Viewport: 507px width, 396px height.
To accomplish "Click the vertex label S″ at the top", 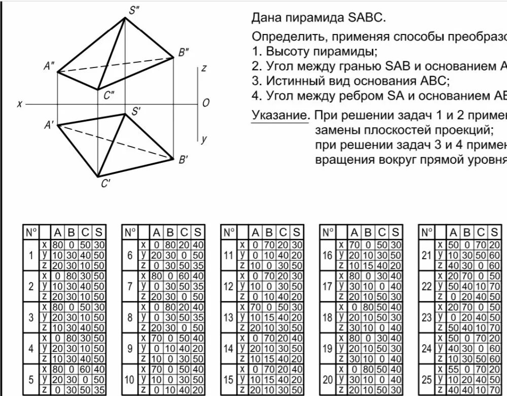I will pos(134,9).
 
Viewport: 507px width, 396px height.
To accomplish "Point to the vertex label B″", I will pos(183,51).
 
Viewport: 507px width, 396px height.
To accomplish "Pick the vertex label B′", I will pos(183,160).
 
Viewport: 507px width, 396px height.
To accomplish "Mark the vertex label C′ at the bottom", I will pos(105,184).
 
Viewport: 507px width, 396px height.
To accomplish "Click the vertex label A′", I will pos(49,125).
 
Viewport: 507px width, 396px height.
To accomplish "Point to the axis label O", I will pos(205,103).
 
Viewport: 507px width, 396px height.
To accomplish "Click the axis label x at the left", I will pos(19,103).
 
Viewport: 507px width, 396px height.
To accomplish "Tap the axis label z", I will pos(203,68).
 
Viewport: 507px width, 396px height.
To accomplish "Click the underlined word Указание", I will pos(280,115).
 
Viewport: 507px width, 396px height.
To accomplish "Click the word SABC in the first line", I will pos(366,18).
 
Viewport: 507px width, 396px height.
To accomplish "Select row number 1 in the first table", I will pos(31,256).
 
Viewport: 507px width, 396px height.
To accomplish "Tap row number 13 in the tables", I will pos(229,318).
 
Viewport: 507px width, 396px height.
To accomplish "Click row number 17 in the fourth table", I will pos(327,286).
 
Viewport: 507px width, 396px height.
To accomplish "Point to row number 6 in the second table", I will pos(130,256).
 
